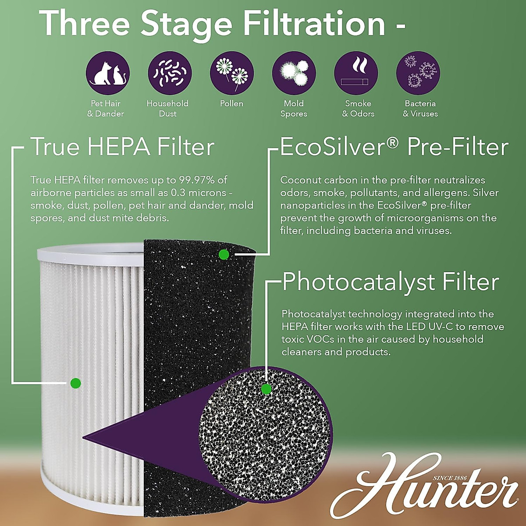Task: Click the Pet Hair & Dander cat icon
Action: [107, 73]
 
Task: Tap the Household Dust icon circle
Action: [170, 73]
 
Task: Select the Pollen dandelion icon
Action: [232, 73]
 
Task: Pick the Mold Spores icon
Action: [294, 73]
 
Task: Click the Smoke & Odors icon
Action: [356, 73]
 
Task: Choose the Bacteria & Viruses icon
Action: [418, 73]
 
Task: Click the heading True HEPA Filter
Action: [122, 147]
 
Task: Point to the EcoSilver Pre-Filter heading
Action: [394, 147]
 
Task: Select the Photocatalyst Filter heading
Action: [391, 282]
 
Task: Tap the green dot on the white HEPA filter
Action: [75, 383]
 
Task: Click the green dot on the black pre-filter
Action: [224, 254]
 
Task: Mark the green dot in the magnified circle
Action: [266, 389]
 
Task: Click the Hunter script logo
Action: [423, 489]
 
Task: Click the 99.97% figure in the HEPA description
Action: [198, 180]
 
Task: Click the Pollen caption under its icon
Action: [231, 104]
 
